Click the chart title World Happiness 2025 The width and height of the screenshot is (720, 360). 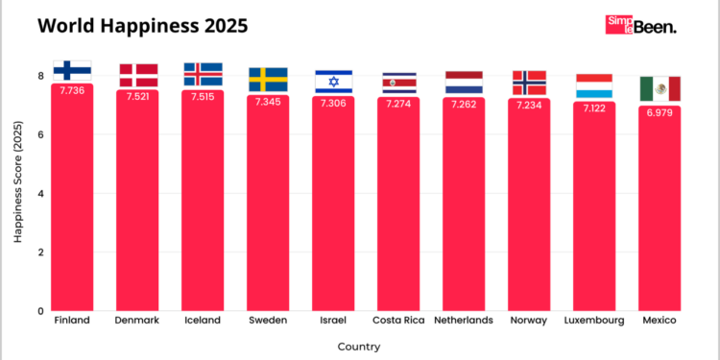[142, 26]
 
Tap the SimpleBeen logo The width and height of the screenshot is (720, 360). [640, 26]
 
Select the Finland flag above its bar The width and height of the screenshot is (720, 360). [72, 69]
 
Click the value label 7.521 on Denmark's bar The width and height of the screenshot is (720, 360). [137, 96]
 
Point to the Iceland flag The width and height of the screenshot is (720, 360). [203, 74]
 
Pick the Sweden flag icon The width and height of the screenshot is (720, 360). [268, 79]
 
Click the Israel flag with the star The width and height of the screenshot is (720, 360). [333, 82]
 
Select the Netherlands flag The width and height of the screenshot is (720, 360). [464, 83]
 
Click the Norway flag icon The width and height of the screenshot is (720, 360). [529, 83]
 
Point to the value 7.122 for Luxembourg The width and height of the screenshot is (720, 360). [594, 108]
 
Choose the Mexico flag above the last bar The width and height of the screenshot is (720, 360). [660, 88]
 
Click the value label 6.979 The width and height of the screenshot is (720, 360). [660, 112]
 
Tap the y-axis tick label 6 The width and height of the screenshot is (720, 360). [40, 134]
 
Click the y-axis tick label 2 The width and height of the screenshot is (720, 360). [40, 252]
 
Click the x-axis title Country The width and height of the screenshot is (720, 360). [359, 347]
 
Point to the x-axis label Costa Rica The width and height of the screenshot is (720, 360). [398, 320]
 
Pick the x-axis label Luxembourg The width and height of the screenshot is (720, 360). [594, 320]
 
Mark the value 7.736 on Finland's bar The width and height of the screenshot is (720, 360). [72, 90]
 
